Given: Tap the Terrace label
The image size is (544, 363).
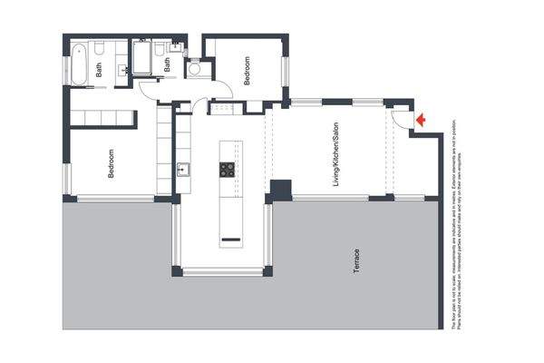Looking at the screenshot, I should pyautogui.click(x=355, y=263).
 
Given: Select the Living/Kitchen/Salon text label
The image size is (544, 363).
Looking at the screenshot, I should pyautogui.click(x=334, y=150).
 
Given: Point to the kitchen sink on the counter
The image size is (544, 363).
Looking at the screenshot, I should pyautogui.click(x=182, y=168).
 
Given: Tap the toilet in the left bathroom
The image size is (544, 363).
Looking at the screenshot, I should pyautogui.click(x=102, y=47).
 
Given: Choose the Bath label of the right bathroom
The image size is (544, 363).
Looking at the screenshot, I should pyautogui.click(x=167, y=66).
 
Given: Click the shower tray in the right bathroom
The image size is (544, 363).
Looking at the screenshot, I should pyautogui.click(x=144, y=58).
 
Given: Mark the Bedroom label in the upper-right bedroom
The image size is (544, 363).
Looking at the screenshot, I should pyautogui.click(x=246, y=71).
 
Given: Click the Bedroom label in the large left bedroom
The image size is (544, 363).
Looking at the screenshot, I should pyautogui.click(x=111, y=163).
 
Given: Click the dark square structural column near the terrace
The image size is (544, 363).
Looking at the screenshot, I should pyautogui.click(x=280, y=191).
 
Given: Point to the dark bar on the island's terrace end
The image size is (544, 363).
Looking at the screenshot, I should pyautogui.click(x=230, y=241).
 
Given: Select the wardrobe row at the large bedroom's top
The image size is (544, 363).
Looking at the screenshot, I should pyautogui.click(x=103, y=119).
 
